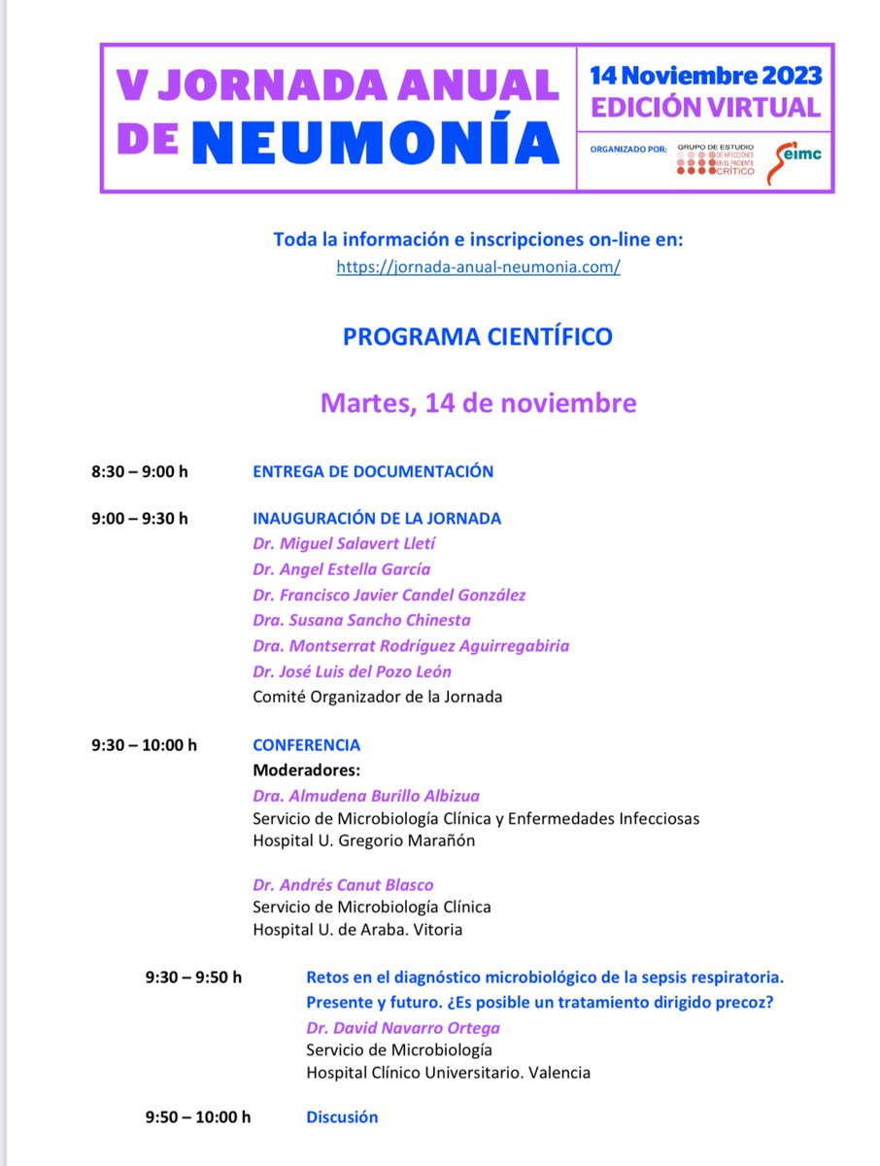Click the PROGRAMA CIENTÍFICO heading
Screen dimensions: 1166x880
478,336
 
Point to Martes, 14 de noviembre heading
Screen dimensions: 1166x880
478,402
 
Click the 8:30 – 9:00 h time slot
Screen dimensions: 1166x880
140,472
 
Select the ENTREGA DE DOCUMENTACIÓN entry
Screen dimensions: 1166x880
373,472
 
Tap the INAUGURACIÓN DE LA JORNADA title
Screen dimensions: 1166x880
377,519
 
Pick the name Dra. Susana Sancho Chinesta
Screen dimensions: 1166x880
361,620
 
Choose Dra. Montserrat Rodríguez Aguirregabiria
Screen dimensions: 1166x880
411,645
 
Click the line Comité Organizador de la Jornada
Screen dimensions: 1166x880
377,696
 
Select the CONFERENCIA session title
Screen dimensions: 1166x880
306,745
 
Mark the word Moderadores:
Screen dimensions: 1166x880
305,771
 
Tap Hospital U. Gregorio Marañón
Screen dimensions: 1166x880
364,841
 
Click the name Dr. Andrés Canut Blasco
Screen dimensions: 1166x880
343,885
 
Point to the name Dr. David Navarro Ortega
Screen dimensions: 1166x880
403,1028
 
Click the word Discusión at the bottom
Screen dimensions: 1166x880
342,1117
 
